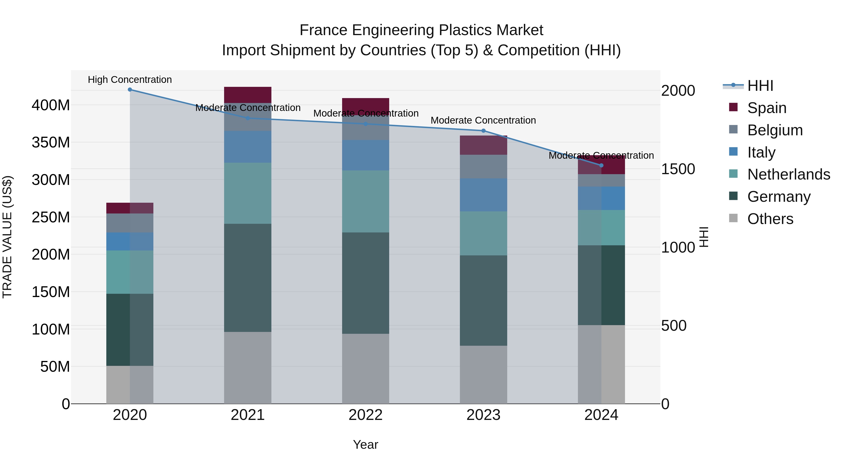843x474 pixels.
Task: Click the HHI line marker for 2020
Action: [130, 90]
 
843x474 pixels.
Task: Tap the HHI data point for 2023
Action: [483, 131]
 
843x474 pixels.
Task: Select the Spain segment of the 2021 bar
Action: [248, 95]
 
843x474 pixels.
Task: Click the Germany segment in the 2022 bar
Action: [366, 283]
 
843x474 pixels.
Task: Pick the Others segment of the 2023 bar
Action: [483, 375]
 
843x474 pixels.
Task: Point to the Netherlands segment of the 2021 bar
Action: [248, 193]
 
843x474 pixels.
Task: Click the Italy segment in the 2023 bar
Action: [483, 195]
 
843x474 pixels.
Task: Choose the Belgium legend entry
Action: [775, 130]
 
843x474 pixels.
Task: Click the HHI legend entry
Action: [760, 86]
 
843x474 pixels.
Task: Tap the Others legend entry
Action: [770, 219]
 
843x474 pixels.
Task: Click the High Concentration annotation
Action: [130, 80]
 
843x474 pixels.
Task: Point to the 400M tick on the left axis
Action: [51, 105]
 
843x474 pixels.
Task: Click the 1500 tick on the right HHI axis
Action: [678, 169]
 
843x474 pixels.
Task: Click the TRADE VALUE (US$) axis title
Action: [7, 237]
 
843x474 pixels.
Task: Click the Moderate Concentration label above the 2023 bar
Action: [483, 120]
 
